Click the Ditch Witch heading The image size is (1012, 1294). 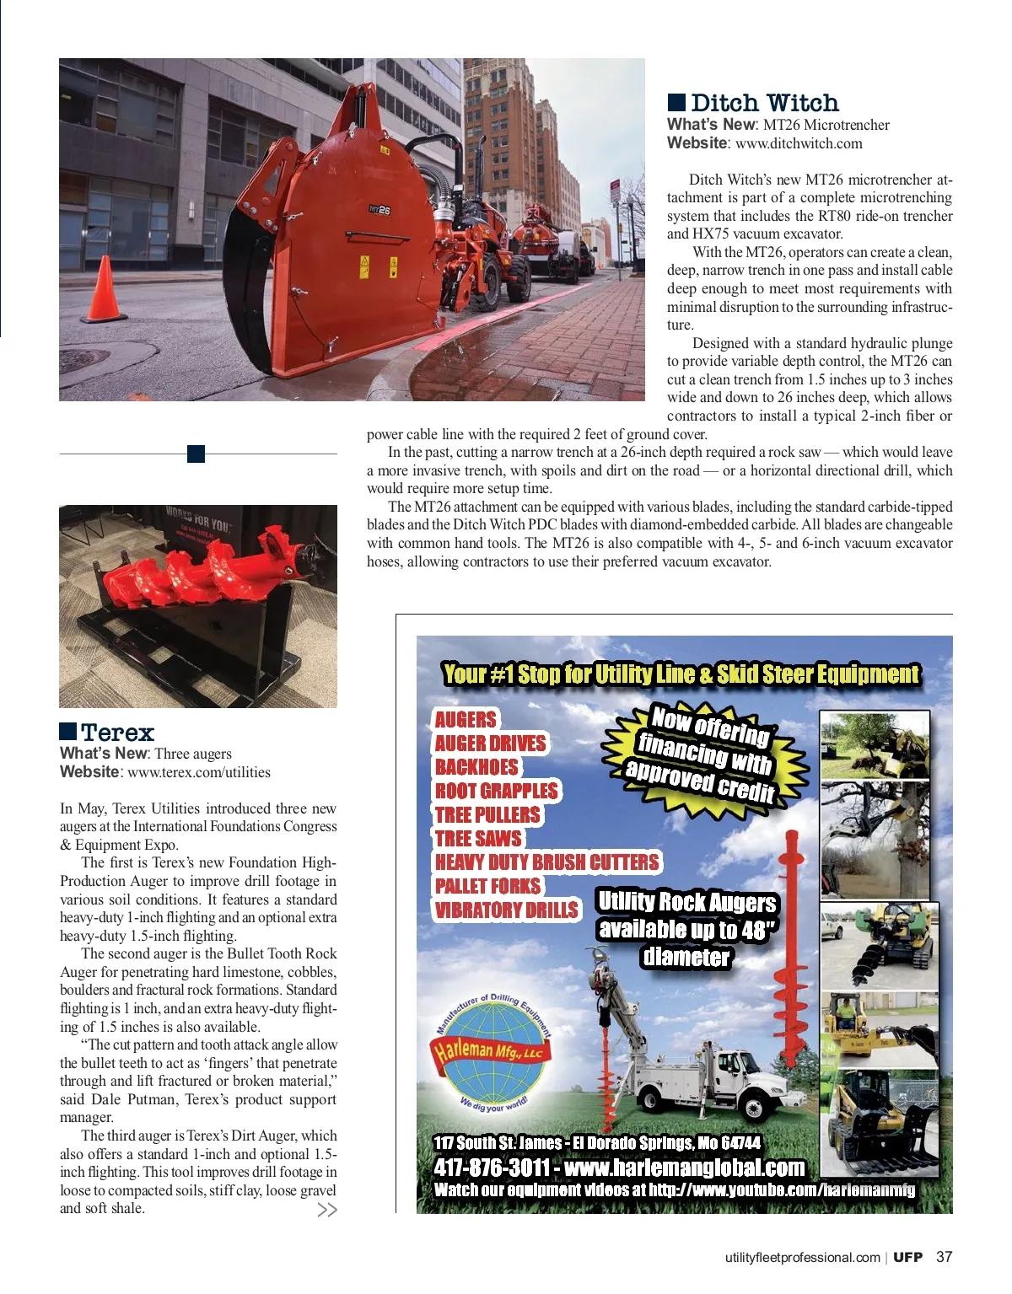(764, 103)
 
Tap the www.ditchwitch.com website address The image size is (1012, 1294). (799, 143)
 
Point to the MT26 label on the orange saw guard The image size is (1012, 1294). (379, 210)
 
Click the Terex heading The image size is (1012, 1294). (117, 732)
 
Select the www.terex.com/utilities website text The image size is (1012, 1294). (199, 772)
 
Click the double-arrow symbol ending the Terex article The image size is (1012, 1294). (326, 1210)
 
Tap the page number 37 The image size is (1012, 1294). (944, 1257)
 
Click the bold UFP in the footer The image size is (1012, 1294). (908, 1257)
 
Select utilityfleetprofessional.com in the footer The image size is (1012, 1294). (802, 1258)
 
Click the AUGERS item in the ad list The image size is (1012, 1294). (466, 719)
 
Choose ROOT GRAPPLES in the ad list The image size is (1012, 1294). (497, 791)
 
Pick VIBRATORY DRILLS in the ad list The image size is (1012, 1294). (507, 910)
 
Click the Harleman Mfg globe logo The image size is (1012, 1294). (493, 1052)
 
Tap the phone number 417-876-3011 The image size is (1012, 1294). (493, 1168)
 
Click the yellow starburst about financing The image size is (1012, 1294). (703, 754)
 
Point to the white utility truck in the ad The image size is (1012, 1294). (717, 1078)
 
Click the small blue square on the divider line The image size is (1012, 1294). (196, 454)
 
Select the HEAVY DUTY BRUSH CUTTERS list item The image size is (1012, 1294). (546, 862)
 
